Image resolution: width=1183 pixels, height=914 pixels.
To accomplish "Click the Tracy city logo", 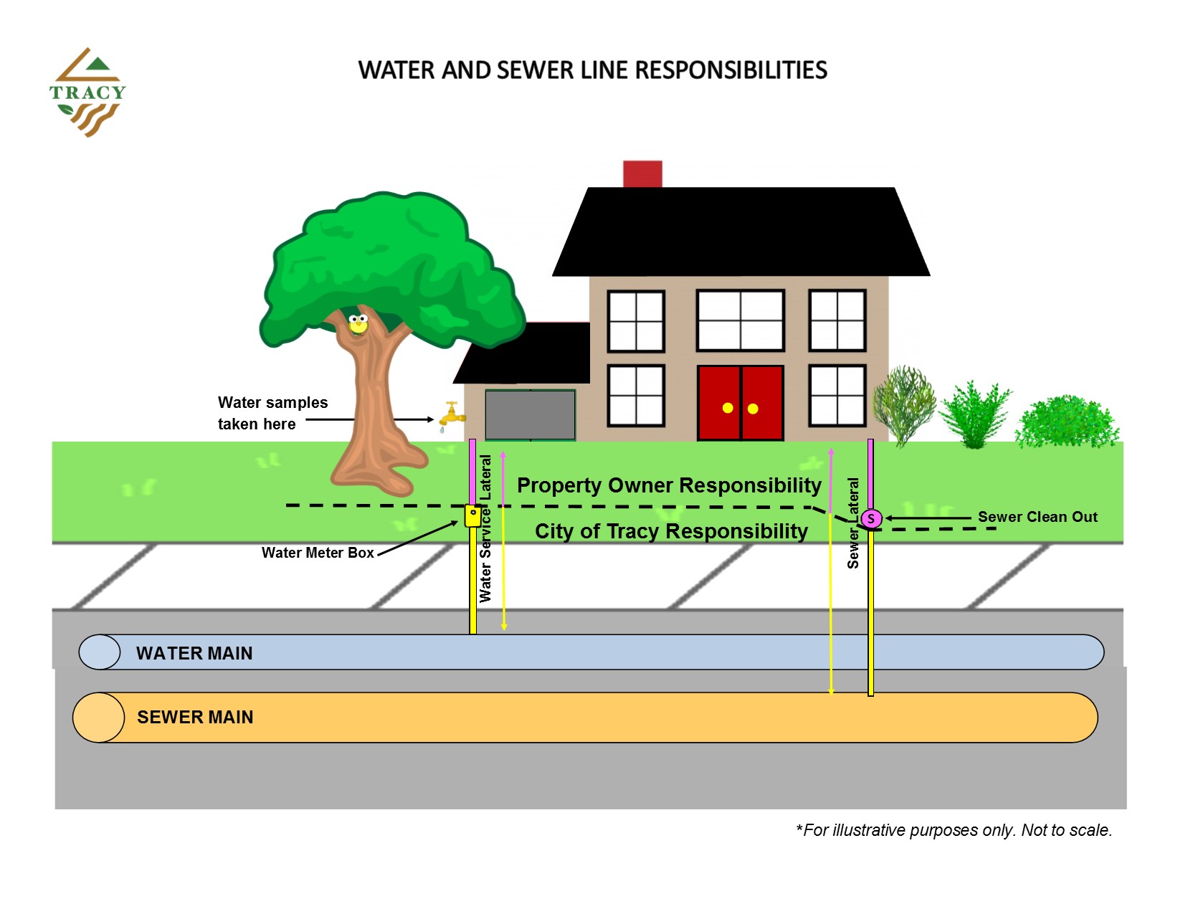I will (87, 92).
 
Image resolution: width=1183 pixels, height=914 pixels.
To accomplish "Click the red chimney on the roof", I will (642, 174).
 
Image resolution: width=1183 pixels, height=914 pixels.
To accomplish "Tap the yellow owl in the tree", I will (358, 324).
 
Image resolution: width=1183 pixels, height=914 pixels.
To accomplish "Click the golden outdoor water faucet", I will (451, 415).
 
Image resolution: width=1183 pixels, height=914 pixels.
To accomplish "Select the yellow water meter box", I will (472, 515).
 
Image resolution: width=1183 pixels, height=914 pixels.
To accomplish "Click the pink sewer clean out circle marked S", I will (871, 518).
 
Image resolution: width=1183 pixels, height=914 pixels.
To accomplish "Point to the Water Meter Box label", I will (318, 553).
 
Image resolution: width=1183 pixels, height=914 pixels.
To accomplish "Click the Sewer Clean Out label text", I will (1037, 517).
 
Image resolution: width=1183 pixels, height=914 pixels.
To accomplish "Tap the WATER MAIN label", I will (194, 653).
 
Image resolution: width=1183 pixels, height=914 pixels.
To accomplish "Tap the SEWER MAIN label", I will (195, 717).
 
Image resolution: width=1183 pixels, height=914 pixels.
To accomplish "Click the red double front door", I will (740, 403).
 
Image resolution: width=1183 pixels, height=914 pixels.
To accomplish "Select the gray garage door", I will (530, 414).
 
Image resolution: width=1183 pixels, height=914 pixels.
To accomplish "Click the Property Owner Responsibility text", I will (668, 485).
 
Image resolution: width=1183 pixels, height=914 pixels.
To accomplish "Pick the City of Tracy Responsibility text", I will (671, 531).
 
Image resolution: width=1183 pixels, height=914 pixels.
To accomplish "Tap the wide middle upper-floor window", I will (740, 320).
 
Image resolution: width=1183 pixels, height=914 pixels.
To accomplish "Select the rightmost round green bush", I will (1066, 424).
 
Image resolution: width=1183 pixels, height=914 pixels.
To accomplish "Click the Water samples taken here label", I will (272, 413).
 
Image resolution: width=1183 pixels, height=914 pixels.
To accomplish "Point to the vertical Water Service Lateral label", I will (485, 528).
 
